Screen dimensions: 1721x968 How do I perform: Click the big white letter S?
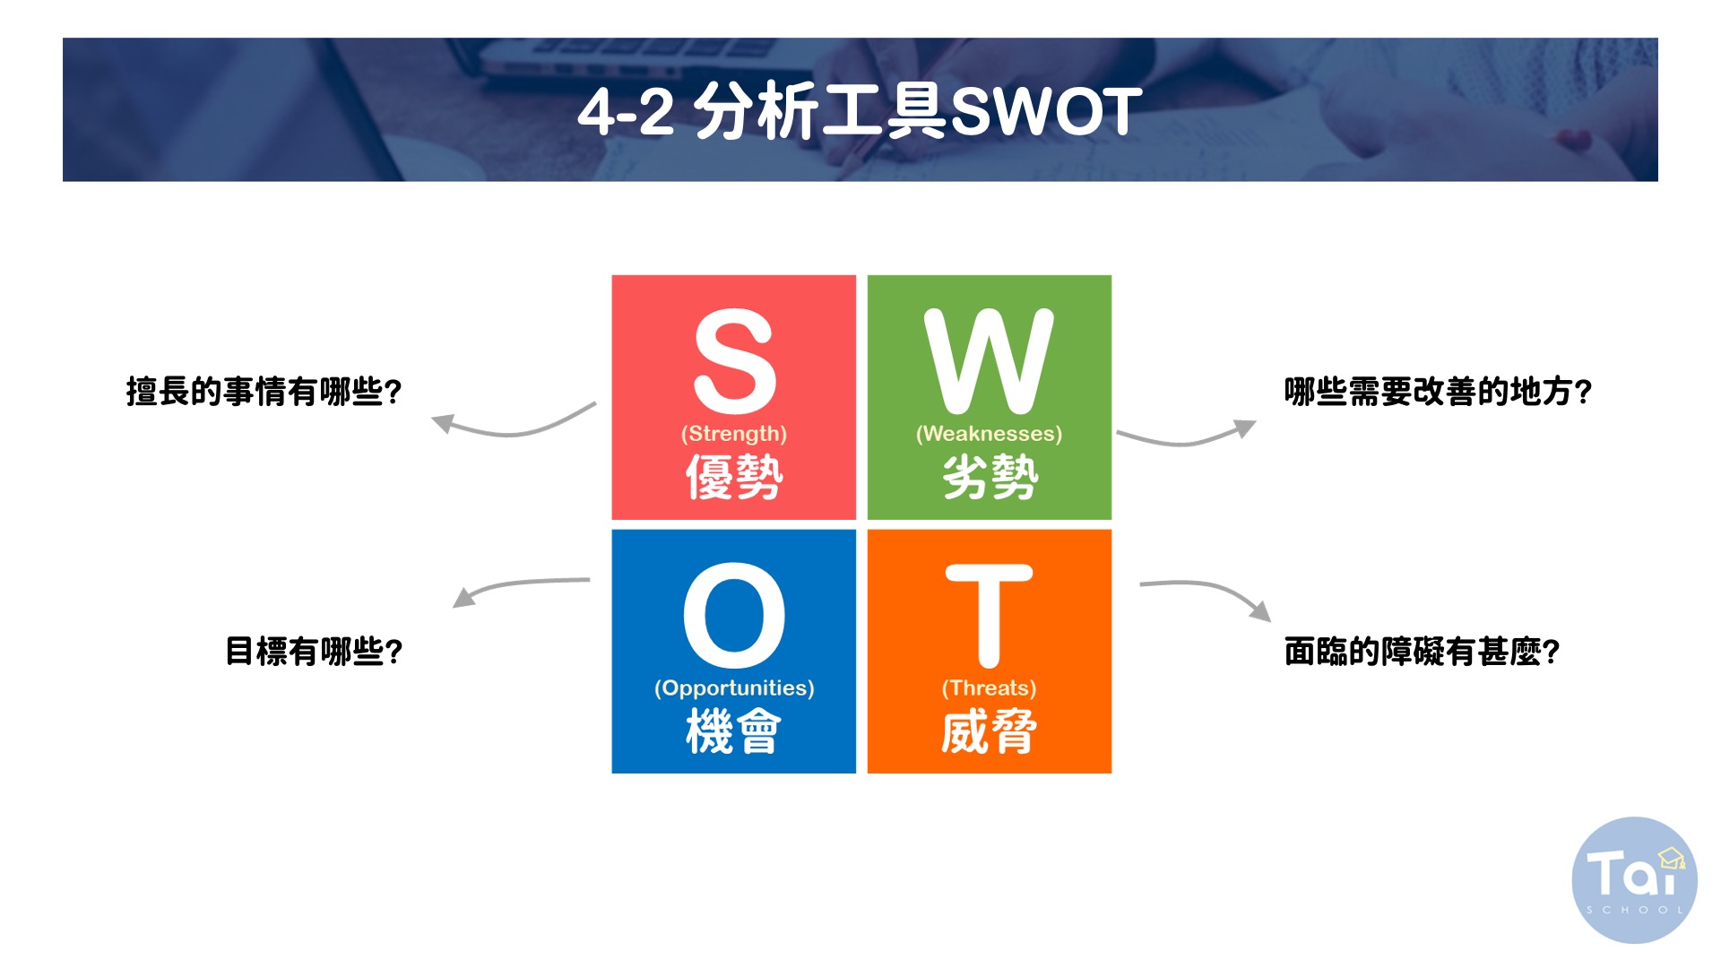pos(734,360)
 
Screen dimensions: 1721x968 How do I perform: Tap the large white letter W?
pos(989,360)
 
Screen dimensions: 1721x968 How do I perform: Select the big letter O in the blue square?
pos(734,615)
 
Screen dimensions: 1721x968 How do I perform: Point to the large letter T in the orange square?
pos(989,616)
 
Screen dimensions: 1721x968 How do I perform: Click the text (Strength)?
pos(734,434)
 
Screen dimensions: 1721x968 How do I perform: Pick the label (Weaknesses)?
pos(989,434)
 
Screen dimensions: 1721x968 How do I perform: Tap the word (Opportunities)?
pos(734,688)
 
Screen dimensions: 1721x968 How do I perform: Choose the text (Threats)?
pos(989,688)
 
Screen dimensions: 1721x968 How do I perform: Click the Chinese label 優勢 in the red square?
pos(734,476)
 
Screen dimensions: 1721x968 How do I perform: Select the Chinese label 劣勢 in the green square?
pos(990,476)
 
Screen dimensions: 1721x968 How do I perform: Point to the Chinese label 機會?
pos(734,730)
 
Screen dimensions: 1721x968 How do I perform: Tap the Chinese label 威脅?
pos(990,730)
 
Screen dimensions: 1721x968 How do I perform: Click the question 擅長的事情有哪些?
pos(264,392)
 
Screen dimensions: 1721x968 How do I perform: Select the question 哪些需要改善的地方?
pos(1438,392)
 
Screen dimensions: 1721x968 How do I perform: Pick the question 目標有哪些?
pos(314,651)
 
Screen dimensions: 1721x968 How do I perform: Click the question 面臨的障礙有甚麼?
pos(1422,651)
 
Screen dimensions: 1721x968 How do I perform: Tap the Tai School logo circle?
pos(1634,879)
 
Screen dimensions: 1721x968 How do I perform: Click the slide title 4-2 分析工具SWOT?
pos(860,111)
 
